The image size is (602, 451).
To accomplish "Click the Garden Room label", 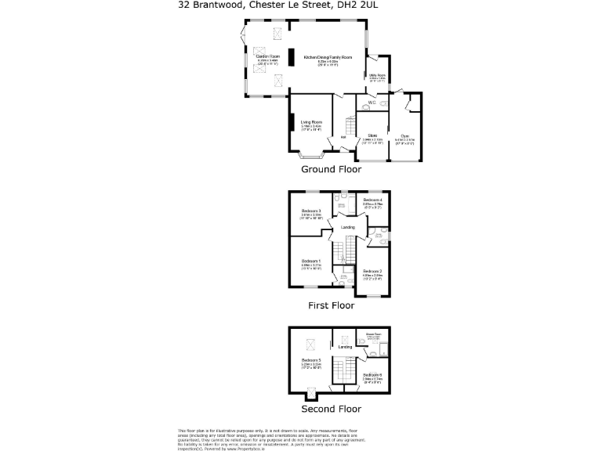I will coord(263,56).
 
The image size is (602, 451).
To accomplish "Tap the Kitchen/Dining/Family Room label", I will coord(328,57).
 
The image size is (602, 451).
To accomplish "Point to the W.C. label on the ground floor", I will coord(372,103).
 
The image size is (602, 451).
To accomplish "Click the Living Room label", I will coord(311,121).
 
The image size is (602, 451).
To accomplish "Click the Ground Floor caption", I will coord(331,169).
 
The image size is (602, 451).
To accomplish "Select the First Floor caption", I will coord(331,306).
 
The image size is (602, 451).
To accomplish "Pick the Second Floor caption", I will coord(331,409).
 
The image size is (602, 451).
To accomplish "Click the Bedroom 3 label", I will coord(311,211).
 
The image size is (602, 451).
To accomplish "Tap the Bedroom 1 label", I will coord(311,261).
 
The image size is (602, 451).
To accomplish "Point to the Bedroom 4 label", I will coord(372,200).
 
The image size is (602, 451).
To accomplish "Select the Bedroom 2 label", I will coord(372,271).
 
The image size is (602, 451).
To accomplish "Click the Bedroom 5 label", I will coord(311,359).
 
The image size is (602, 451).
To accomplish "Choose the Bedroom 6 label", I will coord(372,375).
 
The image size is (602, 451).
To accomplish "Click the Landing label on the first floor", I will coord(347,227).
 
